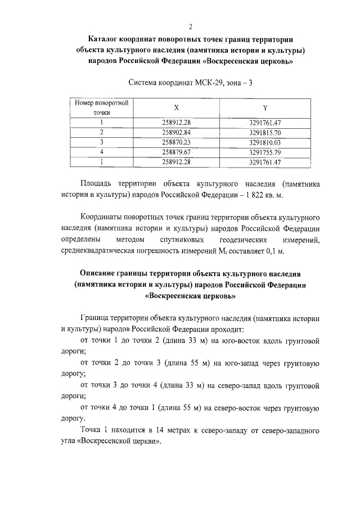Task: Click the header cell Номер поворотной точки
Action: point(102,107)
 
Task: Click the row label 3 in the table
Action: point(102,142)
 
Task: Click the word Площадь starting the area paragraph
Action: point(98,184)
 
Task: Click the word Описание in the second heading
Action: point(99,273)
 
